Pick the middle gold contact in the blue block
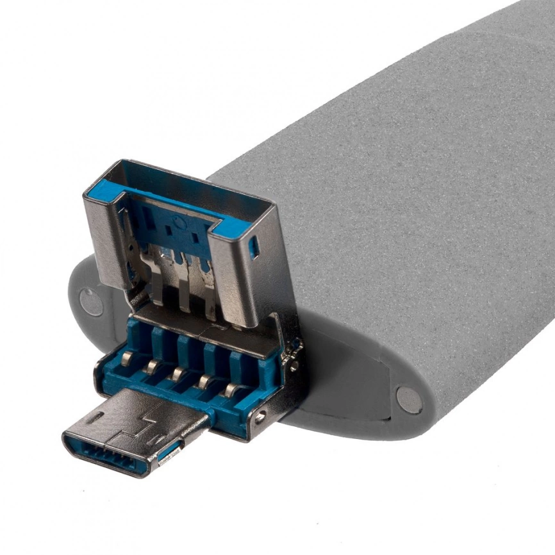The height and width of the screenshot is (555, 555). [178, 373]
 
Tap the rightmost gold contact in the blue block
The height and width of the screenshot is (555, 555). [229, 389]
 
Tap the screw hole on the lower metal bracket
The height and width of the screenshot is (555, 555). [260, 418]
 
